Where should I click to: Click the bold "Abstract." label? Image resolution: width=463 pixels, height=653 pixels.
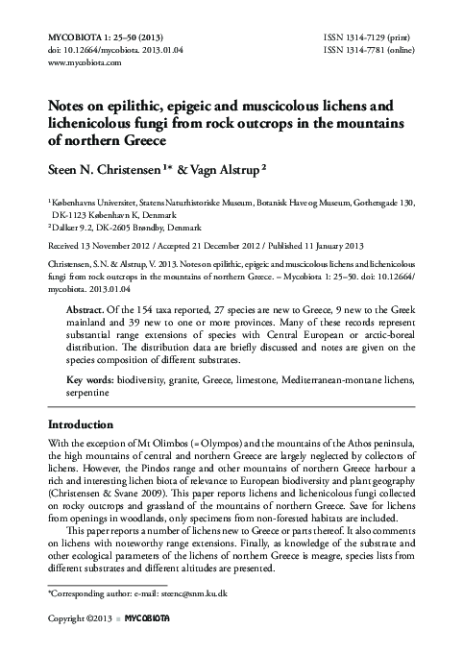(89, 312)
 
